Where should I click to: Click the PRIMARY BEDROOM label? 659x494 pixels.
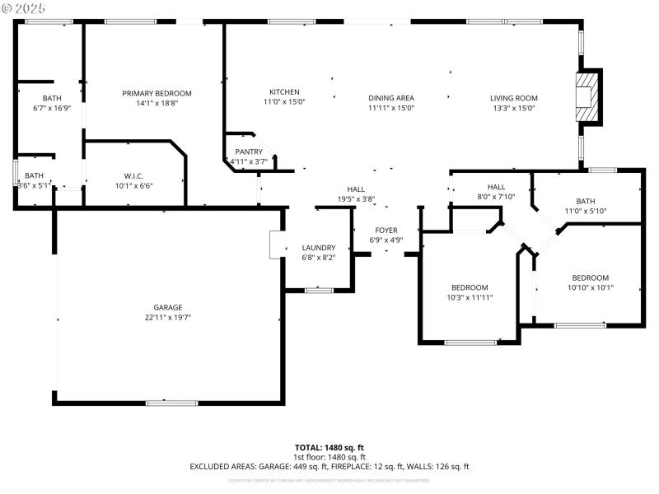coord(157,93)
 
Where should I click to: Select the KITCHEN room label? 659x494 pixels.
coord(284,91)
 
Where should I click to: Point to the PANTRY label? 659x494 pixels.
coord(249,151)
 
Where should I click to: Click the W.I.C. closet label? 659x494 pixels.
coord(134,175)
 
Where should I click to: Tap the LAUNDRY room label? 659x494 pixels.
coord(319,248)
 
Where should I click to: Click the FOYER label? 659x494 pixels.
coord(386,231)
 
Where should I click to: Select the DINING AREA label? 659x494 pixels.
coord(390,98)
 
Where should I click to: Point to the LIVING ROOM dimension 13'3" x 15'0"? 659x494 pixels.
coord(514,108)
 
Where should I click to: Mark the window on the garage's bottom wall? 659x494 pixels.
coord(171,403)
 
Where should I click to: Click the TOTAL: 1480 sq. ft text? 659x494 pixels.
coord(329,447)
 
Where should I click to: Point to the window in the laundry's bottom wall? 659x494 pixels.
coord(319,290)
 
